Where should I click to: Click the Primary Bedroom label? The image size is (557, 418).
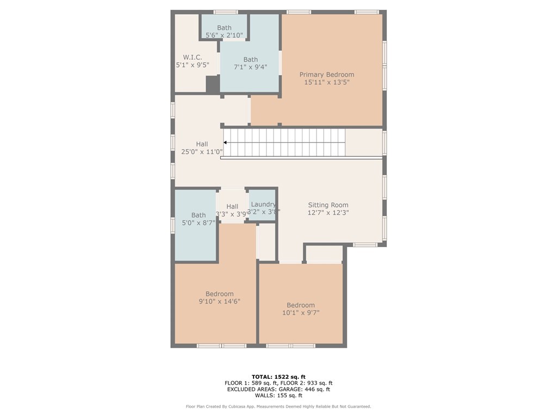pos(327,75)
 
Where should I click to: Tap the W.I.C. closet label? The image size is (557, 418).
pos(193,57)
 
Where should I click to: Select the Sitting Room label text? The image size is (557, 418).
pos(328,205)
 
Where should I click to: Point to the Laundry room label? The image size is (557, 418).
pos(263,204)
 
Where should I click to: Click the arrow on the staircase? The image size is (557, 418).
pos(226,143)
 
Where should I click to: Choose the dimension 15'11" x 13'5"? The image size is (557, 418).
pos(327,83)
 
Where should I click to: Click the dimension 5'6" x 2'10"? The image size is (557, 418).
pos(224,35)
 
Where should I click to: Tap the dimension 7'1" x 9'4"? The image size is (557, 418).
pos(250,67)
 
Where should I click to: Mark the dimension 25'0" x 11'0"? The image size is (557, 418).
pos(202,152)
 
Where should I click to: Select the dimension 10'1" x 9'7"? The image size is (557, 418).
pos(300,313)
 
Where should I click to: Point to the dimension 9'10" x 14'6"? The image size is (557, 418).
pos(219,302)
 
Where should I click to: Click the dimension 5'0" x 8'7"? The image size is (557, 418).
pos(199,223)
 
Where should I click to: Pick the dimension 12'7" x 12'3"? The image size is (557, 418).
pos(328,213)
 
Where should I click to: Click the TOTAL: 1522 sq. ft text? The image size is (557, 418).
pos(278,377)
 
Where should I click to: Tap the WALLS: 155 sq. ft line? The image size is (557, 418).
pos(278,396)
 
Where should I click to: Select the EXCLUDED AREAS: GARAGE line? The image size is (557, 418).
pos(278,389)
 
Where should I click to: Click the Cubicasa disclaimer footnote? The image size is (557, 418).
pos(278,407)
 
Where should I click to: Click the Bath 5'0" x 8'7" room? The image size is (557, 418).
pos(196,239)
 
